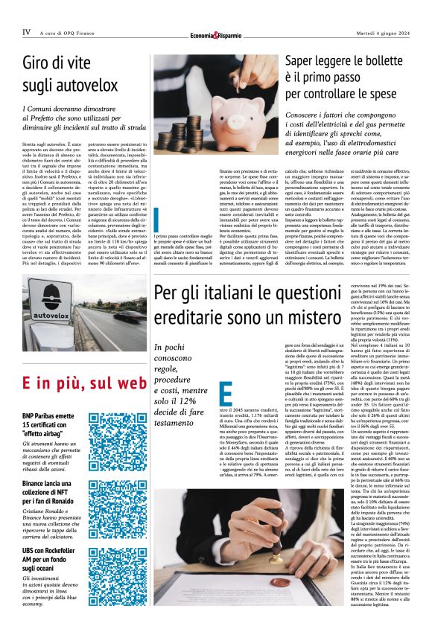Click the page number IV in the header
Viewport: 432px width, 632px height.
[x=26, y=31]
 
